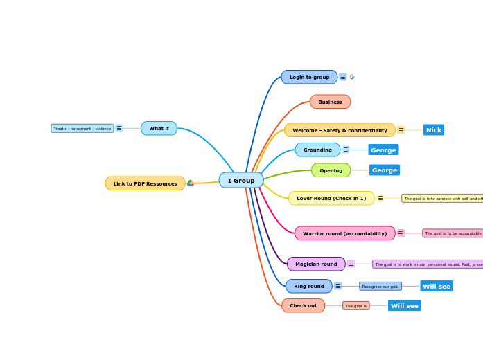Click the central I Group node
[x=241, y=181]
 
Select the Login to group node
[x=309, y=77]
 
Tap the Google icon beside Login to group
[x=352, y=77]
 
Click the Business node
[x=330, y=102]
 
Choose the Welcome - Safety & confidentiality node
[x=340, y=130]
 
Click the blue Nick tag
[x=434, y=130]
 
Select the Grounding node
[x=317, y=150]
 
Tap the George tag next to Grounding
[x=383, y=150]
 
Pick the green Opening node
[x=331, y=170]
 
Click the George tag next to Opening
[x=385, y=170]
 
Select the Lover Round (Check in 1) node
[x=331, y=198]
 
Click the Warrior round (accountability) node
[x=344, y=233]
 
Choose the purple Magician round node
[x=316, y=264]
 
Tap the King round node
[x=308, y=286]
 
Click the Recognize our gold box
[x=380, y=286]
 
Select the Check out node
[x=303, y=305]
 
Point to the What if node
[x=159, y=128]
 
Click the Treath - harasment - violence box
[x=82, y=128]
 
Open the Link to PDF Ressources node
[x=145, y=183]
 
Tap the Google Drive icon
[x=191, y=183]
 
